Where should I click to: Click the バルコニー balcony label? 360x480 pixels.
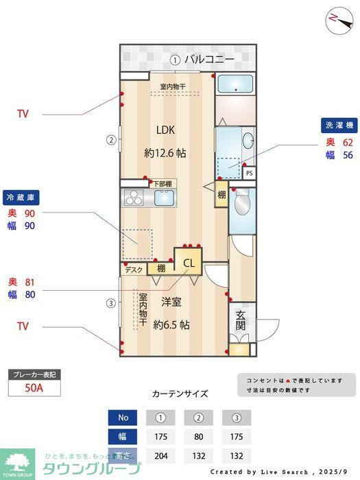(208, 60)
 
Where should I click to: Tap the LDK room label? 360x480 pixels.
(165, 130)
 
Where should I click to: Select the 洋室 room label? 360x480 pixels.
(171, 301)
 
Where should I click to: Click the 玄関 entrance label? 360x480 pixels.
(241, 320)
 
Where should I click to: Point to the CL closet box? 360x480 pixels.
(189, 261)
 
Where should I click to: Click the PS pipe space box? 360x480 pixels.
(249, 173)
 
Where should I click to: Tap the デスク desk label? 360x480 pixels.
(134, 269)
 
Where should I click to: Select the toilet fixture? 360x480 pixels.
(241, 204)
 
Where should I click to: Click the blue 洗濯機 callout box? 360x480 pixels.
(339, 125)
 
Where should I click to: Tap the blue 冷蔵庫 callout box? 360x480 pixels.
(21, 196)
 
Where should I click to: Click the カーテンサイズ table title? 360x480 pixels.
(180, 394)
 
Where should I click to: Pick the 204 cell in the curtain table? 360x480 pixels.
(161, 456)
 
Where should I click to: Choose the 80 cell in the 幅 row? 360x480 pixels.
(199, 437)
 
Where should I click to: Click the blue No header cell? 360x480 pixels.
(123, 418)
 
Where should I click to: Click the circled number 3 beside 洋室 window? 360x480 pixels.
(110, 302)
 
